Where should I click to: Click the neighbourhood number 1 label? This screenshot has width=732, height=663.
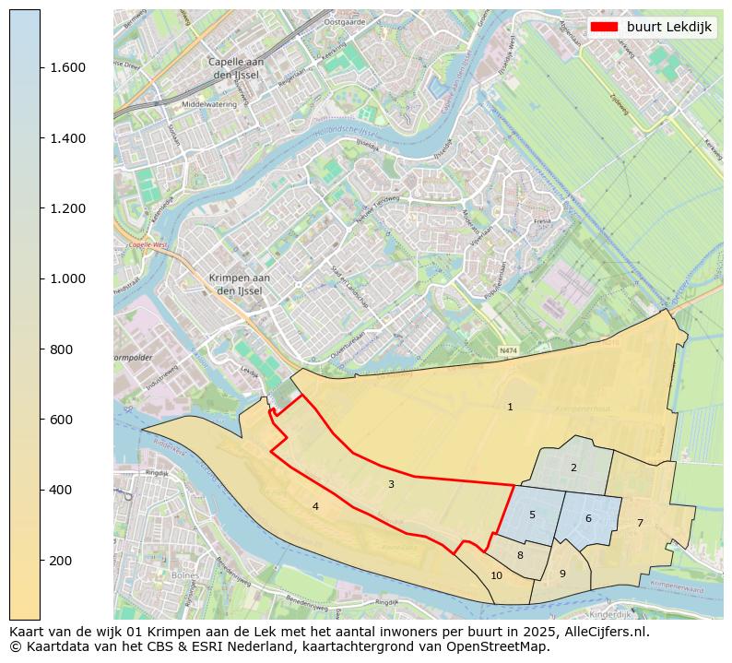[510, 407]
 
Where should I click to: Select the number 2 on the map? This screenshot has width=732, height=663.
[573, 468]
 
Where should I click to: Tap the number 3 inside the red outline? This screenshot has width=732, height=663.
[391, 484]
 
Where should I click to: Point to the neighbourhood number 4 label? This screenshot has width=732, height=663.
[315, 506]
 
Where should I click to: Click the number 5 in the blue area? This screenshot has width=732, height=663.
[532, 515]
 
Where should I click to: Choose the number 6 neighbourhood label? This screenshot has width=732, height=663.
[588, 518]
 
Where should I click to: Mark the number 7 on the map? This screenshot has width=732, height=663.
[640, 523]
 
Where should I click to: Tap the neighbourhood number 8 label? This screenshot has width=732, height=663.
[520, 555]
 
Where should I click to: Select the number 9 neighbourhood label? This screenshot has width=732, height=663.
[562, 574]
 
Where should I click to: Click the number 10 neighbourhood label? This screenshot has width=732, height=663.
[497, 575]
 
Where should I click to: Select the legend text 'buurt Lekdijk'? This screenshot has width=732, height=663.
[668, 28]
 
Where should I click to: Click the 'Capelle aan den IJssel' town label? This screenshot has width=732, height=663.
[238, 68]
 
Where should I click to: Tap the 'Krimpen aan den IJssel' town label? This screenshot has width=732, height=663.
[239, 284]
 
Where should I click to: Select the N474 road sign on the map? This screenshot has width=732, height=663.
[508, 351]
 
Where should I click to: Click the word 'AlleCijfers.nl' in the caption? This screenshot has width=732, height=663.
[607, 633]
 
